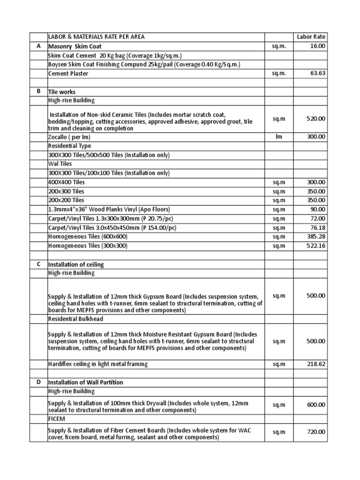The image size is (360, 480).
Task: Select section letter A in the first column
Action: pyautogui.click(x=38, y=46)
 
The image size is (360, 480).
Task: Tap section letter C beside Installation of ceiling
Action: pyautogui.click(x=38, y=264)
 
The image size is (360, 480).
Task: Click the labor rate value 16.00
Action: pyautogui.click(x=317, y=46)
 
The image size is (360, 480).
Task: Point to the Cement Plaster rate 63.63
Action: pyautogui.click(x=317, y=73)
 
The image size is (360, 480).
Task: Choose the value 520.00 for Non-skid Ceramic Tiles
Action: pyautogui.click(x=315, y=119)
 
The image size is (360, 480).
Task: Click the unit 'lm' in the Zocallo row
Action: pyautogui.click(x=279, y=137)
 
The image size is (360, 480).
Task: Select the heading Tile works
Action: pyautogui.click(x=62, y=92)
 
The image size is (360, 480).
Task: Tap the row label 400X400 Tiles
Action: pyautogui.click(x=66, y=182)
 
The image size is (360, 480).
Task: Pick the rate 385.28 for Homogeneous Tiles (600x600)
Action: pyautogui.click(x=315, y=237)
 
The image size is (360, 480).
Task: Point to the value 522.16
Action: pyautogui.click(x=315, y=246)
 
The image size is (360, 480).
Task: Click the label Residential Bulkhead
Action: pyautogui.click(x=75, y=318)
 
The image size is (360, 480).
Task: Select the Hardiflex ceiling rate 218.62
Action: pyautogui.click(x=315, y=364)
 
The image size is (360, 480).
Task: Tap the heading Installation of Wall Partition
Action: pyautogui.click(x=86, y=382)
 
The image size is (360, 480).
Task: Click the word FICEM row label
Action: pyautogui.click(x=56, y=419)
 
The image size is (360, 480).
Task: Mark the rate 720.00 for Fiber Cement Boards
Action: pyautogui.click(x=315, y=432)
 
